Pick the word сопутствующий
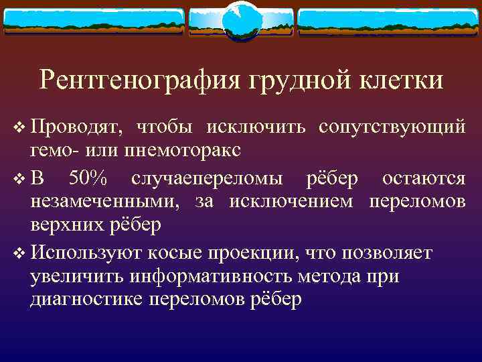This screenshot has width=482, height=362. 392,126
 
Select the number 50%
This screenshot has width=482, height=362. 90,178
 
